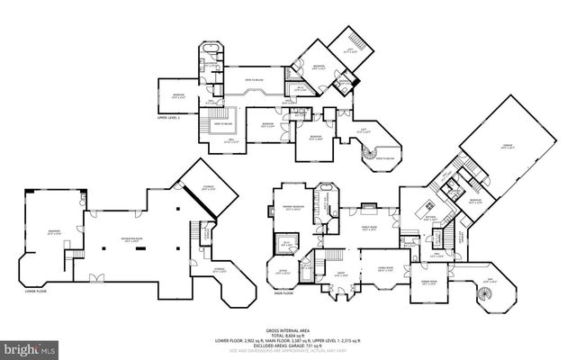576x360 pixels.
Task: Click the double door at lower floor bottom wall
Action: point(98,277)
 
